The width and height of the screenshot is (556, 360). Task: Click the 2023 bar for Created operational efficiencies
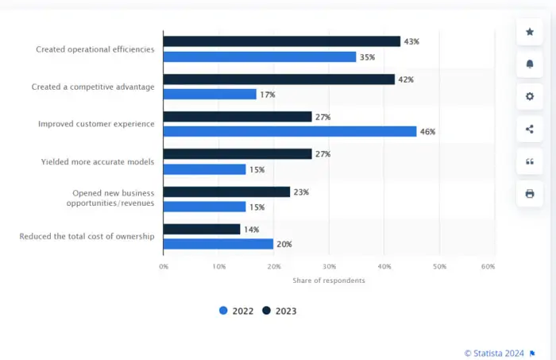281,41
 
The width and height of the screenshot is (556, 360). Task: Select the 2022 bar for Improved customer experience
289,131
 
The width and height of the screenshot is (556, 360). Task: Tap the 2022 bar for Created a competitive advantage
210,94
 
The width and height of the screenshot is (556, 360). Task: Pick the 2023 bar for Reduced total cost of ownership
202,229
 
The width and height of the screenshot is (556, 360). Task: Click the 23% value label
301,192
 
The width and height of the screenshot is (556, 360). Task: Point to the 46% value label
428,131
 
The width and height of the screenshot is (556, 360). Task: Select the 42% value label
406,79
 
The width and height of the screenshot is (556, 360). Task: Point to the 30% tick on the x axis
329,266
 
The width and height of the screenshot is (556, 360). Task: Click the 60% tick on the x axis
488,266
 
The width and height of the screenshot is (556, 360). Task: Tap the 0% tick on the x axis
164,266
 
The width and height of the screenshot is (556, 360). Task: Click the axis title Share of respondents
329,280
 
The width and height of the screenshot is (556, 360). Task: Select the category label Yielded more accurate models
98,161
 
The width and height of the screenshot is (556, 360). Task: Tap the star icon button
530,33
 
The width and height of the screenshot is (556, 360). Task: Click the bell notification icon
530,64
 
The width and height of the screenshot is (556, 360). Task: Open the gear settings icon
530,96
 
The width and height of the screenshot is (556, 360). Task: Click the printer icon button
530,193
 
